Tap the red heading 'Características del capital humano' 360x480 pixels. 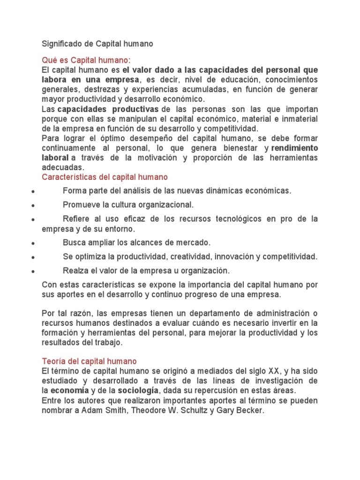105,177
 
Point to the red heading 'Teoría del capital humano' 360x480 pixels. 89,361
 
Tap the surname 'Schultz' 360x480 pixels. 194,410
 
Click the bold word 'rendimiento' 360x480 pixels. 295,148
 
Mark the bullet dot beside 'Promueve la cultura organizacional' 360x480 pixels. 31,206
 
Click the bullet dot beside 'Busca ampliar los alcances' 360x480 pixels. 31,244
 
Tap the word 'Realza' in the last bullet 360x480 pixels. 74,270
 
